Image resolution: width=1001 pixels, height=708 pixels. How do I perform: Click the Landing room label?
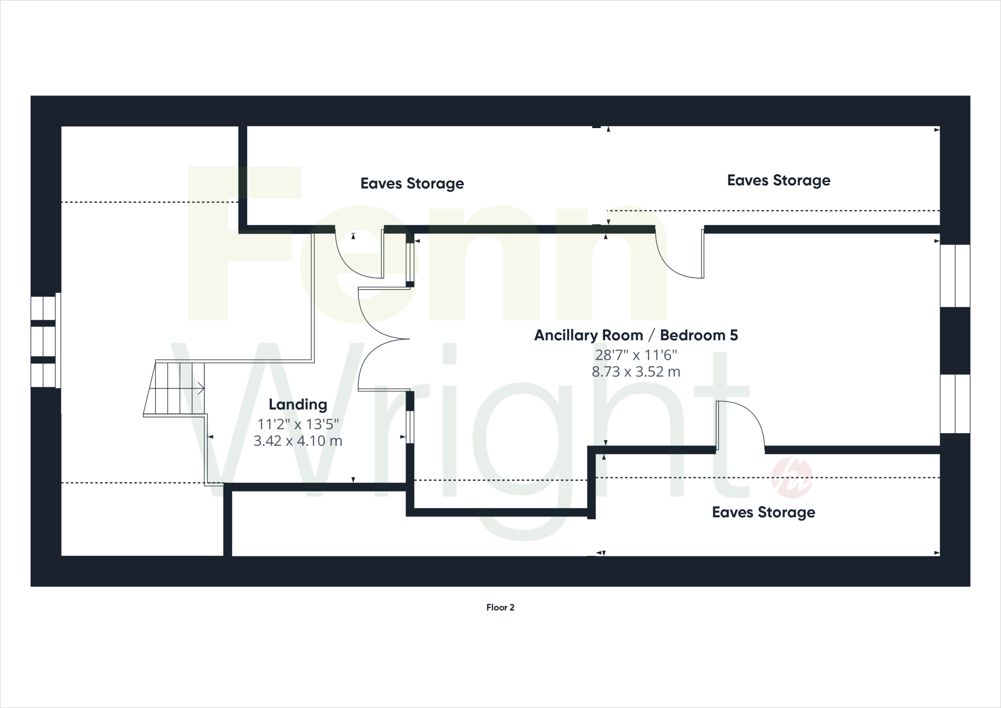pyautogui.click(x=298, y=404)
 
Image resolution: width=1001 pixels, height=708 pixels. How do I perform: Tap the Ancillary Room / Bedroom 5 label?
pyautogui.click(x=636, y=335)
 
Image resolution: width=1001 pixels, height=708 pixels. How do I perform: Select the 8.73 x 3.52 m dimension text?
pyautogui.click(x=636, y=372)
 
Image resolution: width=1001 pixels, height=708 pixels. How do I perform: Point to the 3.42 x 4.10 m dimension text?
pyautogui.click(x=298, y=441)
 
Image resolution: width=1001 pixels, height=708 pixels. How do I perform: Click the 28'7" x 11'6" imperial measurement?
pyautogui.click(x=636, y=354)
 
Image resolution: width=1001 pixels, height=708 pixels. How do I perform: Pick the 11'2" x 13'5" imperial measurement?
pyautogui.click(x=298, y=424)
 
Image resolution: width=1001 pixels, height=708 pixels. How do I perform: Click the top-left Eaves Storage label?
pyautogui.click(x=412, y=183)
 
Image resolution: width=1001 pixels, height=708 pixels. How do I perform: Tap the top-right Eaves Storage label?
pyautogui.click(x=779, y=180)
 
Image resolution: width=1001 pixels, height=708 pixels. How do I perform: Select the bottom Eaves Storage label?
pyautogui.click(x=763, y=512)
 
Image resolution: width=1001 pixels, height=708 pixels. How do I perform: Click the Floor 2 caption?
pyautogui.click(x=500, y=607)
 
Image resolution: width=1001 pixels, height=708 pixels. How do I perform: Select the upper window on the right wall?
pyautogui.click(x=955, y=276)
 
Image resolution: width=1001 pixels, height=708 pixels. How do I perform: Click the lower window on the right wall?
pyautogui.click(x=955, y=404)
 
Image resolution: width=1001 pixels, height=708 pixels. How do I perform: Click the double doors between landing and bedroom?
pyautogui.click(x=381, y=338)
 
